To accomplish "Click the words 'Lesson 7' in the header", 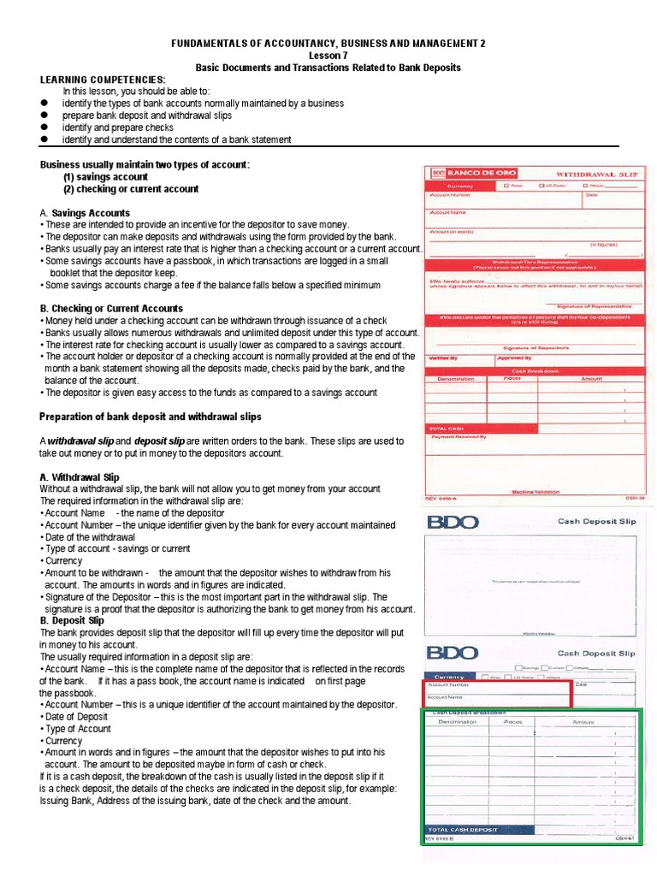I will (328, 55).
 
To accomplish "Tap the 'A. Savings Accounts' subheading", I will (85, 213).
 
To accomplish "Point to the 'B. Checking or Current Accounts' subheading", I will (111, 308).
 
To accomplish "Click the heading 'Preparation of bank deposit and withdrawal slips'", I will (151, 417).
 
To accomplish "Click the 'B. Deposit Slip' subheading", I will (72, 620).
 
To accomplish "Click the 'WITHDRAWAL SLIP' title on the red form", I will (589, 173).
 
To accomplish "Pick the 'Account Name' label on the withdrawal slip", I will (448, 211).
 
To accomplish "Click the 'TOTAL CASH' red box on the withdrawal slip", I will (445, 428).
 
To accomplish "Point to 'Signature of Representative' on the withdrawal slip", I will (594, 305).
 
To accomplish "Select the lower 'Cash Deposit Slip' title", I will (596, 653).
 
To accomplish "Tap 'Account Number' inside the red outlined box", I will (448, 685).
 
